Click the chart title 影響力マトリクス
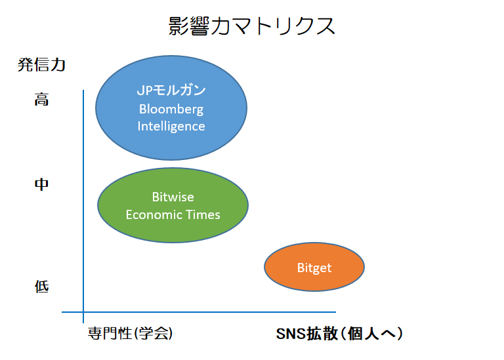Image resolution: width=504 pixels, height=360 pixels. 251,26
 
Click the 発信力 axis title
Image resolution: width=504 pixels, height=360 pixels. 42,66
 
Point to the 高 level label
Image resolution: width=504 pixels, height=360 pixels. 42,100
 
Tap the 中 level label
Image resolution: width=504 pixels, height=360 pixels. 41,185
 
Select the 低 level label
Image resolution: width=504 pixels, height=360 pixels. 42,287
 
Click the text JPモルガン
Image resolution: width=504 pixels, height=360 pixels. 171,91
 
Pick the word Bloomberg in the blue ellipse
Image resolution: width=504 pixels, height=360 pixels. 171,109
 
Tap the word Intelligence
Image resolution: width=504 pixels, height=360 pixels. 171,126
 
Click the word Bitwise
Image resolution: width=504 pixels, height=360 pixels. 173,197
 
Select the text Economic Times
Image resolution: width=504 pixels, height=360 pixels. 173,214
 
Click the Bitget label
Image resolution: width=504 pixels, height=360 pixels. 314,268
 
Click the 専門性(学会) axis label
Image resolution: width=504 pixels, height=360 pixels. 130,334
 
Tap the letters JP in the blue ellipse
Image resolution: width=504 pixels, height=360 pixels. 143,91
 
